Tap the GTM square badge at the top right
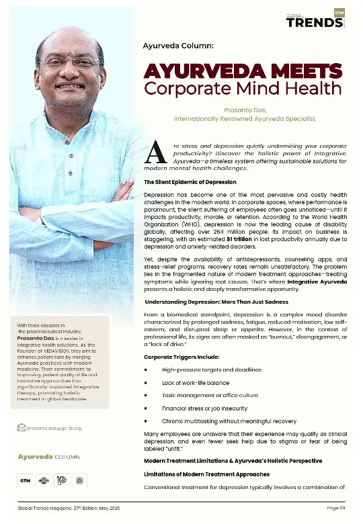click(x=339, y=12)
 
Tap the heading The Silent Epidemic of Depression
click(x=190, y=182)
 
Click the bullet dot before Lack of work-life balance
click(x=147, y=382)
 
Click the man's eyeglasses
click(x=69, y=62)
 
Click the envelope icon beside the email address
click(x=22, y=427)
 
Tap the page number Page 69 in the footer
click(x=337, y=507)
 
